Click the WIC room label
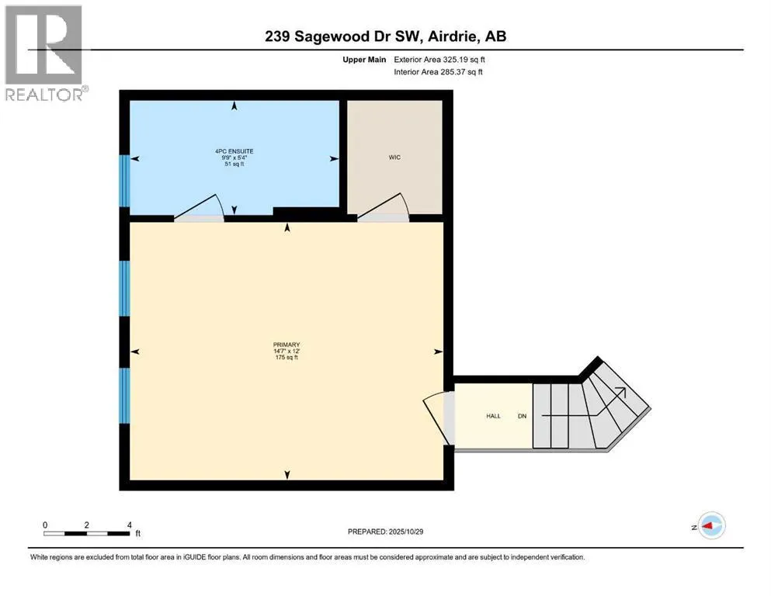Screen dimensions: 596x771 [394, 158]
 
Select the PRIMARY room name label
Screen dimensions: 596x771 [287, 345]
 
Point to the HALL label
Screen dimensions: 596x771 [493, 416]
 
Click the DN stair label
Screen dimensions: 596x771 [523, 416]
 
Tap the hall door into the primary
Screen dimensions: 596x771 [436, 419]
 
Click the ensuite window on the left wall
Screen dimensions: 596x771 [123, 181]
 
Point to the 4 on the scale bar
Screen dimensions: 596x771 [129, 525]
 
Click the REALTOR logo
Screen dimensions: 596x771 [44, 53]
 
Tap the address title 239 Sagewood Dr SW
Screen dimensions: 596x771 [385, 36]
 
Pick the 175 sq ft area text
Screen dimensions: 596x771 [287, 359]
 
